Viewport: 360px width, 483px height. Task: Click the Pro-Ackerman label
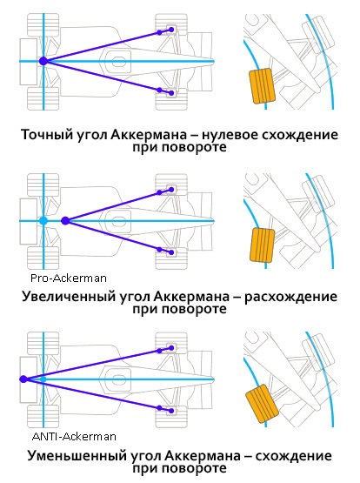(x=69, y=278)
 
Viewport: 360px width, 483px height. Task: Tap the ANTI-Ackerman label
(x=74, y=437)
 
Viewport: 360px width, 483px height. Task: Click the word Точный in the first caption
(x=43, y=135)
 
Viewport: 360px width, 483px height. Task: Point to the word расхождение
(x=290, y=297)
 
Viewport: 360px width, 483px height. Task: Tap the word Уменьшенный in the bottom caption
(x=77, y=456)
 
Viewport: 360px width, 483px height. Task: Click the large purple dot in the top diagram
(x=43, y=61)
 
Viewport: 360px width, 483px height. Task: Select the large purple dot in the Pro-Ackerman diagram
(x=65, y=220)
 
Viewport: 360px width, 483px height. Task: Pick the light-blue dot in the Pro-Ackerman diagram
(x=43, y=220)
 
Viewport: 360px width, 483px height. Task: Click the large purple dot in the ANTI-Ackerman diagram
(x=23, y=379)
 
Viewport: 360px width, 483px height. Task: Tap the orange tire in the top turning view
(x=262, y=86)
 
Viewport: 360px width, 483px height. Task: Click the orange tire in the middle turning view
(x=262, y=245)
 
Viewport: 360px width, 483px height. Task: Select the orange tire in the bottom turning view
(x=262, y=404)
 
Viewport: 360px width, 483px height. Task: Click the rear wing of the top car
(x=29, y=61)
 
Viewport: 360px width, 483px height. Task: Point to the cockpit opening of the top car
(x=118, y=61)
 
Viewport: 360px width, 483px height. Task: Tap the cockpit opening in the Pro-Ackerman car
(x=118, y=221)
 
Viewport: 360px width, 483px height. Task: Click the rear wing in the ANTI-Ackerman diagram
(x=29, y=379)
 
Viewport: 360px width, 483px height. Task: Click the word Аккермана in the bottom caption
(x=203, y=456)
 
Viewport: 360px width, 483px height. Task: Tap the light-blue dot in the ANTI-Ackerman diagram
(x=43, y=379)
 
